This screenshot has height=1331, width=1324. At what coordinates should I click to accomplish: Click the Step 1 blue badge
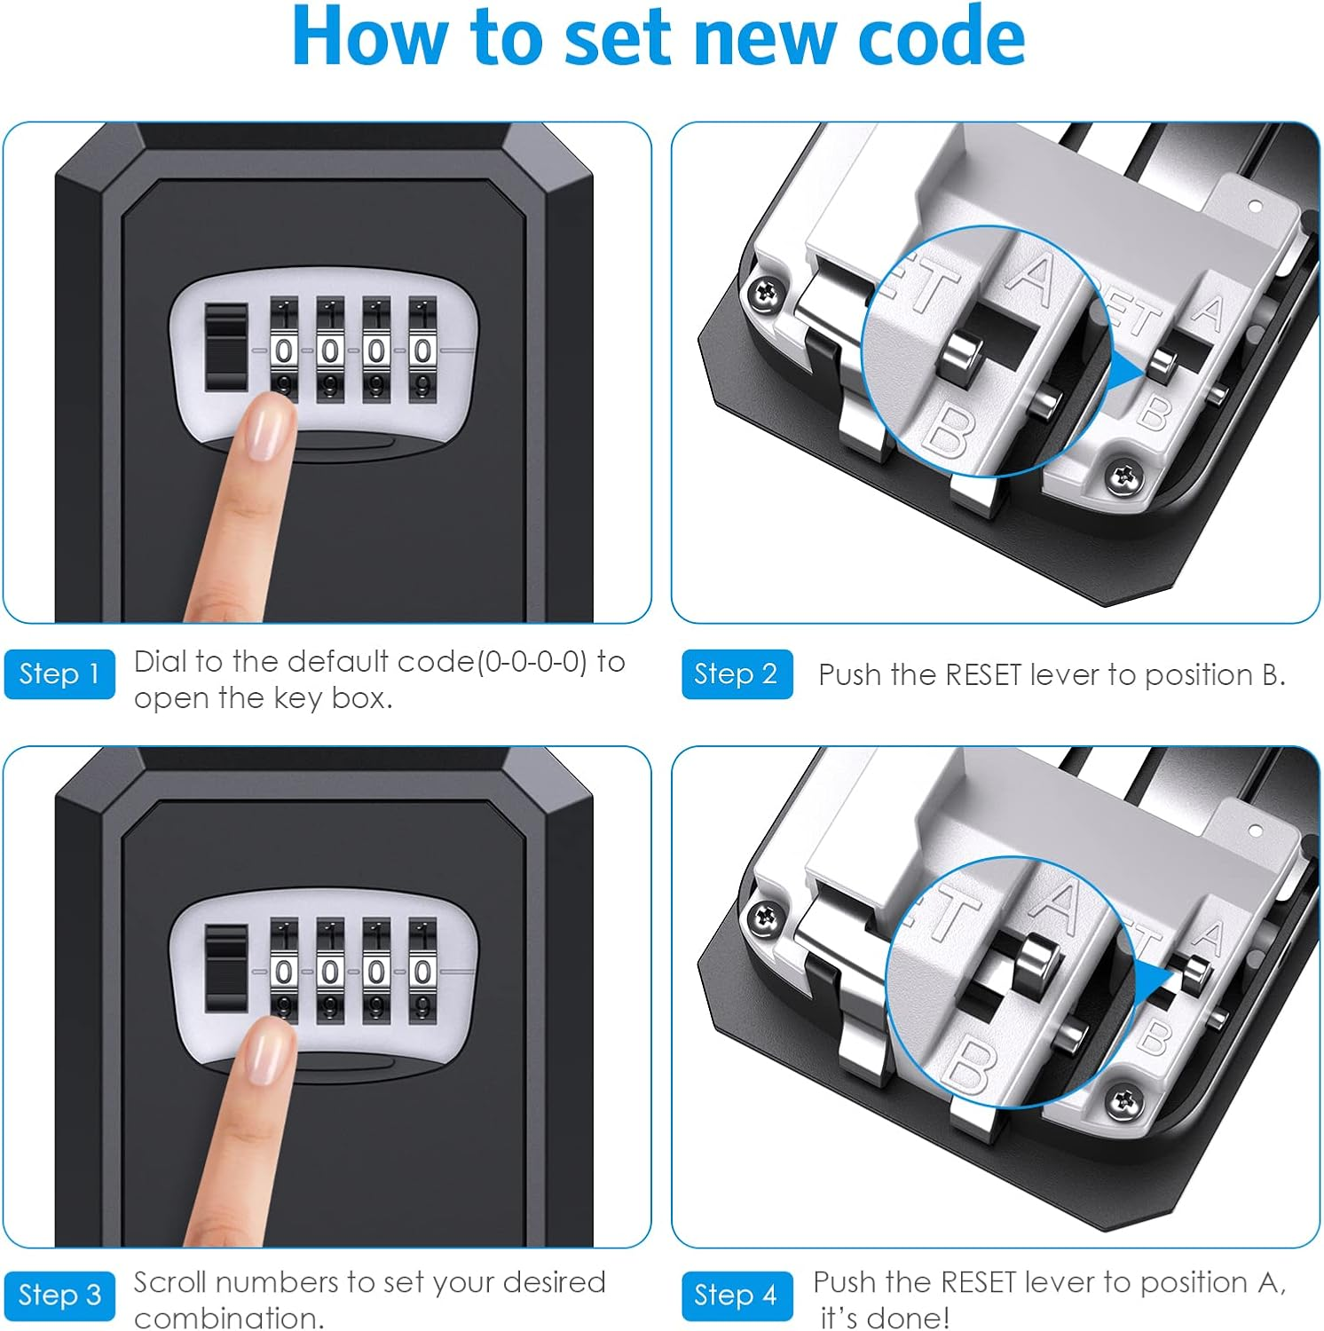coord(59,674)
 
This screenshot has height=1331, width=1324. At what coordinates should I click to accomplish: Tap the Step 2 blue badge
coord(737,674)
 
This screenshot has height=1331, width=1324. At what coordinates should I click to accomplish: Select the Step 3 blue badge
coord(59,1296)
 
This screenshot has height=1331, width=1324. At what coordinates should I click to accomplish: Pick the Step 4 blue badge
coord(737,1296)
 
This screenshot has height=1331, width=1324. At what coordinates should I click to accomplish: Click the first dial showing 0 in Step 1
coord(284,351)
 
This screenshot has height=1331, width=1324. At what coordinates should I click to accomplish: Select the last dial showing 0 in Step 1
coord(422,351)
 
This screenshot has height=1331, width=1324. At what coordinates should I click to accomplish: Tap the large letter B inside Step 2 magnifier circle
coord(948,432)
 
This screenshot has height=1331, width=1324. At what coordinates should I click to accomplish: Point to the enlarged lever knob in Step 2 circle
coord(958,359)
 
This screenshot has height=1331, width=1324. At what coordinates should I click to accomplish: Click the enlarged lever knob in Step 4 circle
coord(1034,960)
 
